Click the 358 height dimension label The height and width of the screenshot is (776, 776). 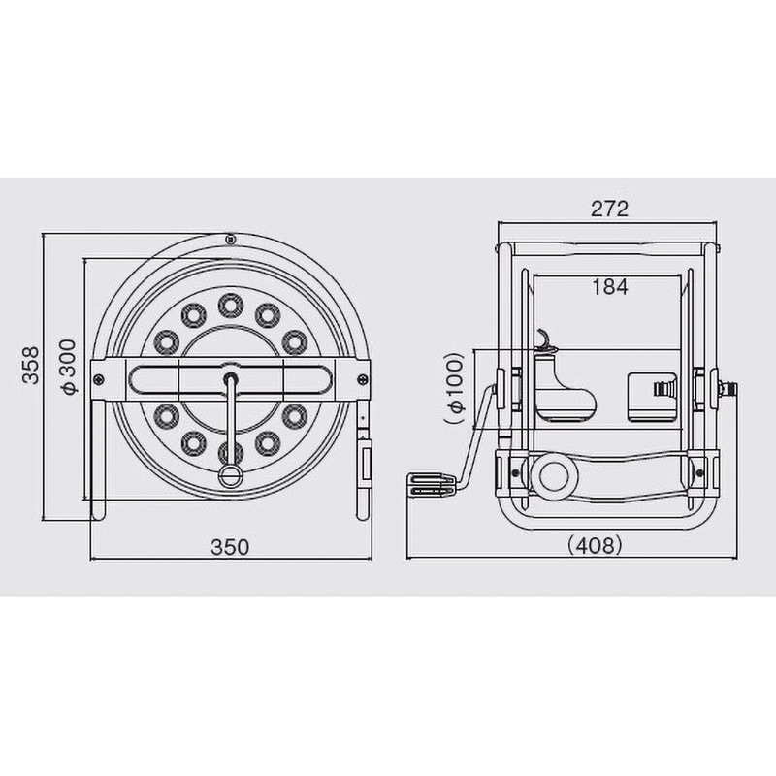point(31,366)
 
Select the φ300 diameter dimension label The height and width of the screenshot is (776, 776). point(68,367)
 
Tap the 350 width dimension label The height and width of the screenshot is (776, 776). point(230,547)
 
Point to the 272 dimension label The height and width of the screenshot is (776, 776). point(609,209)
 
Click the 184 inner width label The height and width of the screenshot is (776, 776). point(610,286)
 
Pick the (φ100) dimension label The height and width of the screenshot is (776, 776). point(455,389)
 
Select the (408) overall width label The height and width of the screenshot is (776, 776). point(595,545)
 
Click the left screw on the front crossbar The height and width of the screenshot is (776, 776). point(99,379)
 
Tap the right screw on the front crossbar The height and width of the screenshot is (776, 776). point(363,379)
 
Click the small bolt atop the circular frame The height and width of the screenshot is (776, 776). point(229,240)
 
